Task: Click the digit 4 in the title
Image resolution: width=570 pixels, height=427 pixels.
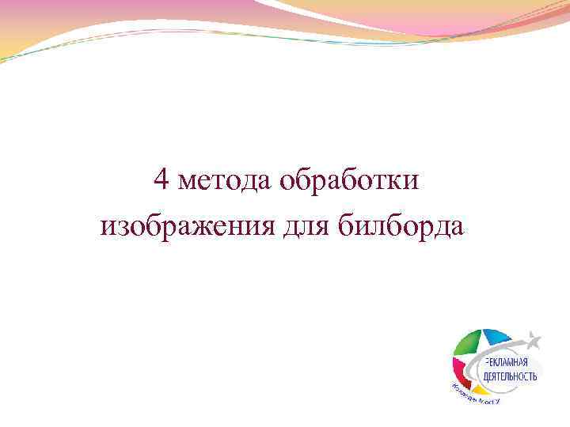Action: click(161, 182)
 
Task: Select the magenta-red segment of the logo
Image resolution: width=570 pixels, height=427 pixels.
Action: click(458, 369)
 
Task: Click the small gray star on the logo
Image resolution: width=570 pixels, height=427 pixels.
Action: click(534, 341)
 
